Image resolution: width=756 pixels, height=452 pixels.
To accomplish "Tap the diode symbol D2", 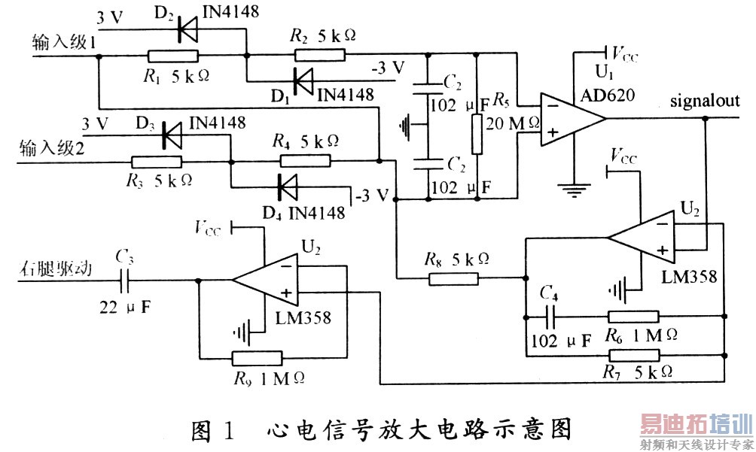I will tap(187, 30).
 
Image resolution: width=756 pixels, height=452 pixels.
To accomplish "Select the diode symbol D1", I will tap(303, 77).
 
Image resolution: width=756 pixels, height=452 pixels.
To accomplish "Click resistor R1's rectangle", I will tap(172, 56).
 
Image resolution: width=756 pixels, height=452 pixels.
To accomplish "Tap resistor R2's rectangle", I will tap(319, 54).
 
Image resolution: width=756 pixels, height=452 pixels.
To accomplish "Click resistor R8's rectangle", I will tap(453, 279).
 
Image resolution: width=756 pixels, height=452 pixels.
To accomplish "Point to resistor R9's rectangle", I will tap(257, 358).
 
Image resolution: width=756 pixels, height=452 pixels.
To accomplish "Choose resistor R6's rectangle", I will tap(633, 317).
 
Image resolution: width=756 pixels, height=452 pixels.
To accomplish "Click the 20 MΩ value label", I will tap(514, 123).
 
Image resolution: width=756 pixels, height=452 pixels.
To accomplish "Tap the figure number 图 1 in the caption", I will tap(214, 429).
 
